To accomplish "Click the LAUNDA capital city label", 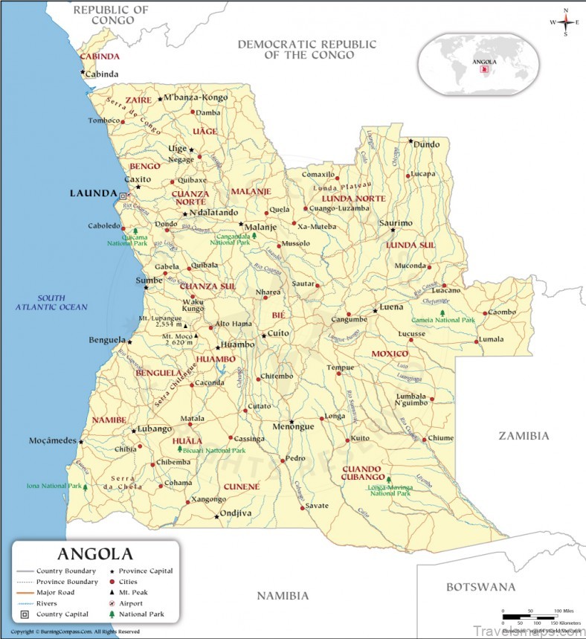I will click(93, 193).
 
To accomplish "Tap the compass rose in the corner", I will click(565, 22).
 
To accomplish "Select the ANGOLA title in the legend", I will click(95, 554).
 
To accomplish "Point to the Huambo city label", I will click(238, 345).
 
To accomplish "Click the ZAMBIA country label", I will click(524, 436).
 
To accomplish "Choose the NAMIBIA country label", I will click(283, 596).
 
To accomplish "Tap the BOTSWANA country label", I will click(480, 587).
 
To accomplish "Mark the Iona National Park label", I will click(54, 486).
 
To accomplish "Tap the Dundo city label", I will click(426, 144).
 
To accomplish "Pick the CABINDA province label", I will click(100, 57).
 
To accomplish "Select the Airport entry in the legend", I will click(146, 603).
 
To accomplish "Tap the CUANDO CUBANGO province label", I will click(364, 472).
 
